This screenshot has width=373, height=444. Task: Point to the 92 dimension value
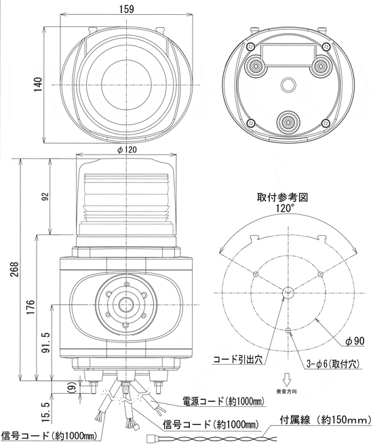coord(45,197)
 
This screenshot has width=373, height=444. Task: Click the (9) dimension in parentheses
coord(71,388)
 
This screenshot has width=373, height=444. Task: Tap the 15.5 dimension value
coord(45,409)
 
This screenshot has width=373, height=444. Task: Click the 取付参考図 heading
coord(283,197)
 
